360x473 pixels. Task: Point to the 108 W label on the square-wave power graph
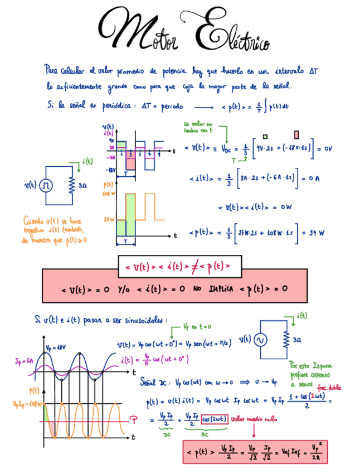tap(109, 194)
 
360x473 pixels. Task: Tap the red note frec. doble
tap(329, 388)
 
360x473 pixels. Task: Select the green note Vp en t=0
tap(198, 327)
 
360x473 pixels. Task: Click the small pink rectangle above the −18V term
tap(296, 135)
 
